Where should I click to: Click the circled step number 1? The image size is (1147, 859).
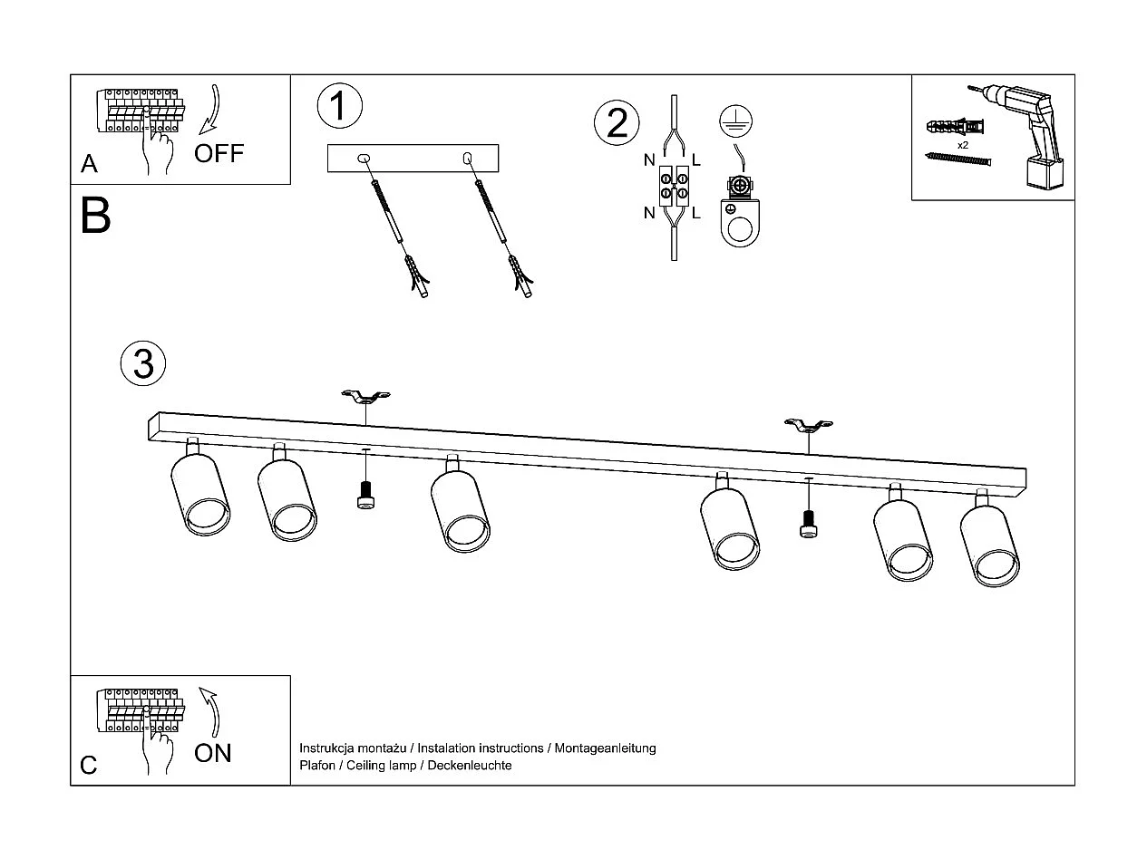(339, 106)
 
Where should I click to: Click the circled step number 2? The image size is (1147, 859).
(617, 123)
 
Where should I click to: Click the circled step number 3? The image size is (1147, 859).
(143, 363)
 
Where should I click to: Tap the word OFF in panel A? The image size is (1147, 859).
(219, 152)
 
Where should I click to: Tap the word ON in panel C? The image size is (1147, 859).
(213, 753)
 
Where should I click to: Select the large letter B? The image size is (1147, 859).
(95, 217)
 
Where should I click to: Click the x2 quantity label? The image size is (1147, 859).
(963, 145)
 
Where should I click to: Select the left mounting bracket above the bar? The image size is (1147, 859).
(365, 397)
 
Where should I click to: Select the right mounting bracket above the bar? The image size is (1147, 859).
(808, 424)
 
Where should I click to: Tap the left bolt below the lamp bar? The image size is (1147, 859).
(365, 496)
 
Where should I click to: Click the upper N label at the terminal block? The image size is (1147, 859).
(649, 160)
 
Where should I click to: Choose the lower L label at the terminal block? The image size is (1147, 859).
(696, 214)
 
